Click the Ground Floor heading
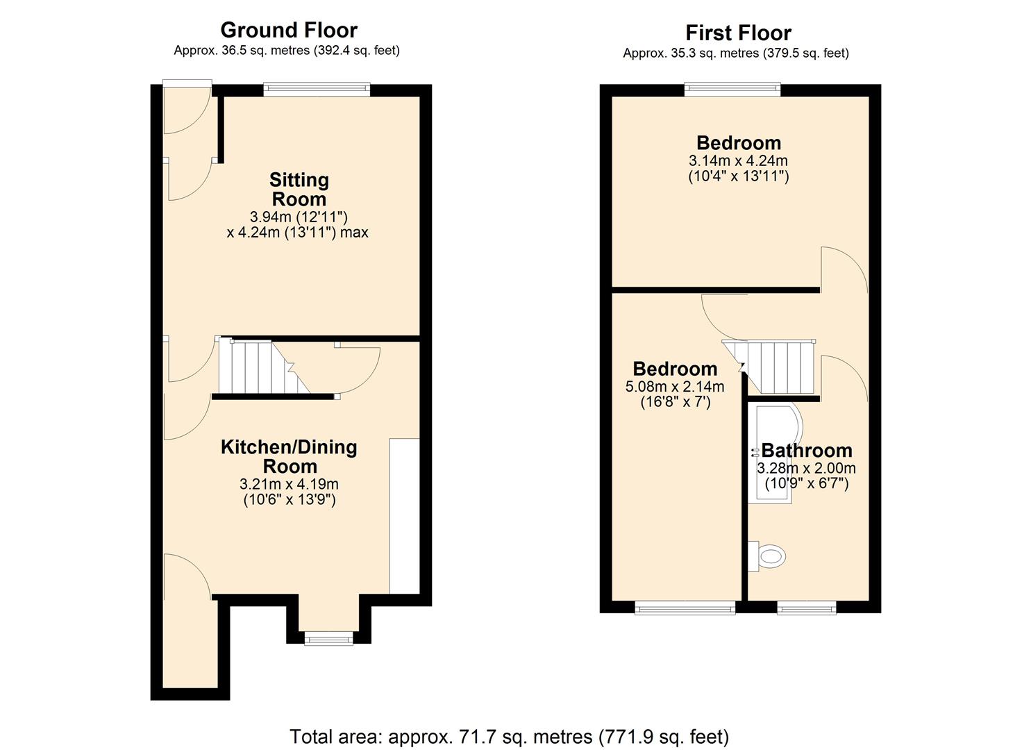tap(288, 30)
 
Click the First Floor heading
tap(738, 33)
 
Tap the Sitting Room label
tap(299, 189)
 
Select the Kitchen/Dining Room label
tap(289, 456)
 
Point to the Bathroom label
tap(806, 450)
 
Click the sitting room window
tap(317, 90)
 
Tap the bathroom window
tap(806, 608)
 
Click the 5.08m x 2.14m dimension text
tap(675, 387)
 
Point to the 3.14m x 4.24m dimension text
tap(738, 160)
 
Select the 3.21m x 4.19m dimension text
tap(289, 484)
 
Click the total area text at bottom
tap(509, 736)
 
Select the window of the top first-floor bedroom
tap(732, 89)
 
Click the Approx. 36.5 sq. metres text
tap(286, 50)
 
